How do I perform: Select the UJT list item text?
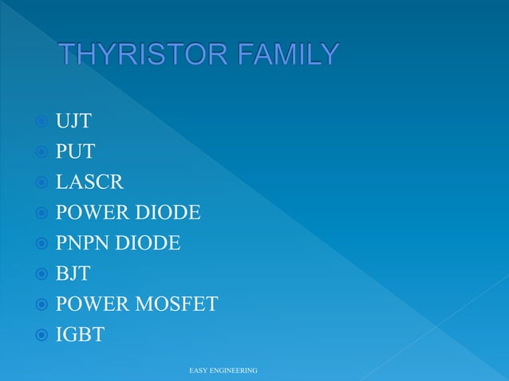pyautogui.click(x=73, y=122)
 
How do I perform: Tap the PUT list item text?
pyautogui.click(x=75, y=152)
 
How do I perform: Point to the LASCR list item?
pyautogui.click(x=89, y=183)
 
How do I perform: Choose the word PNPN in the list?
pyautogui.click(x=84, y=243)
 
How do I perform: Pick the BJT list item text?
pyautogui.click(x=73, y=273)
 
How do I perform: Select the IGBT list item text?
pyautogui.click(x=80, y=334)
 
